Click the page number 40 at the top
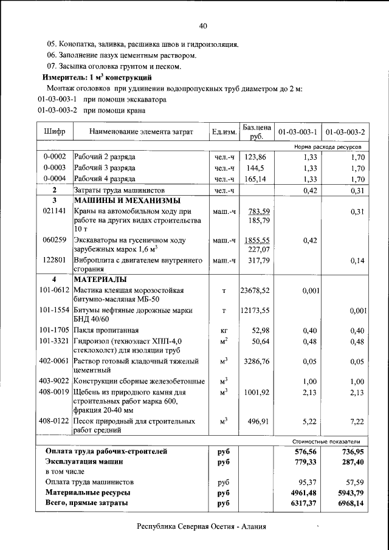point(203,26)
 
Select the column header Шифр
point(55,132)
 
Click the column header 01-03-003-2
point(345,132)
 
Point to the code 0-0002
point(55,157)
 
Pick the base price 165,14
point(256,179)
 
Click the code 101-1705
point(55,330)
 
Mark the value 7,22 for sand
point(356,421)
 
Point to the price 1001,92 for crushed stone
point(256,393)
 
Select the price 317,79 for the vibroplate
point(256,261)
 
